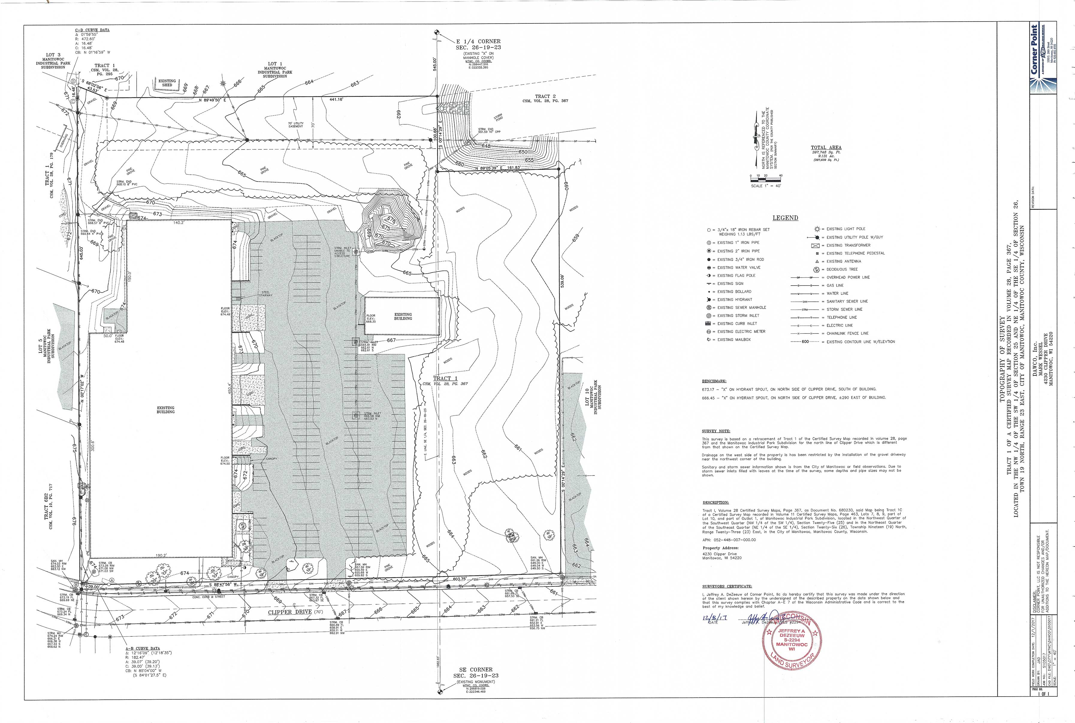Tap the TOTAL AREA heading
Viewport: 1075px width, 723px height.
[x=826, y=147]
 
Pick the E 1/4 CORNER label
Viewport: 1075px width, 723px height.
[x=478, y=42]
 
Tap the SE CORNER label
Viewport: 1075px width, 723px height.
[x=476, y=669]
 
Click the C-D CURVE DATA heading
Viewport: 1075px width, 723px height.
[x=92, y=30]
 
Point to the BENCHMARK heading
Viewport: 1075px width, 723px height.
[x=714, y=381]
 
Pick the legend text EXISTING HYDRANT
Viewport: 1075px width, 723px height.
[x=734, y=300]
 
